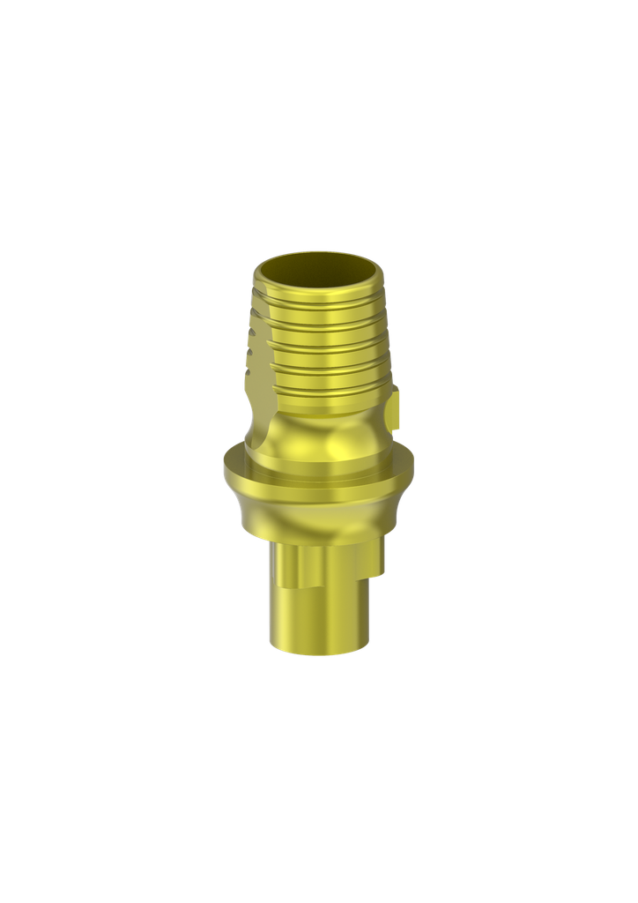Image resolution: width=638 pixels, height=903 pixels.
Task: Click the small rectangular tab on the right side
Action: [395, 407]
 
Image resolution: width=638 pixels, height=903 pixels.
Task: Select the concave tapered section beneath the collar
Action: [317, 516]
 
